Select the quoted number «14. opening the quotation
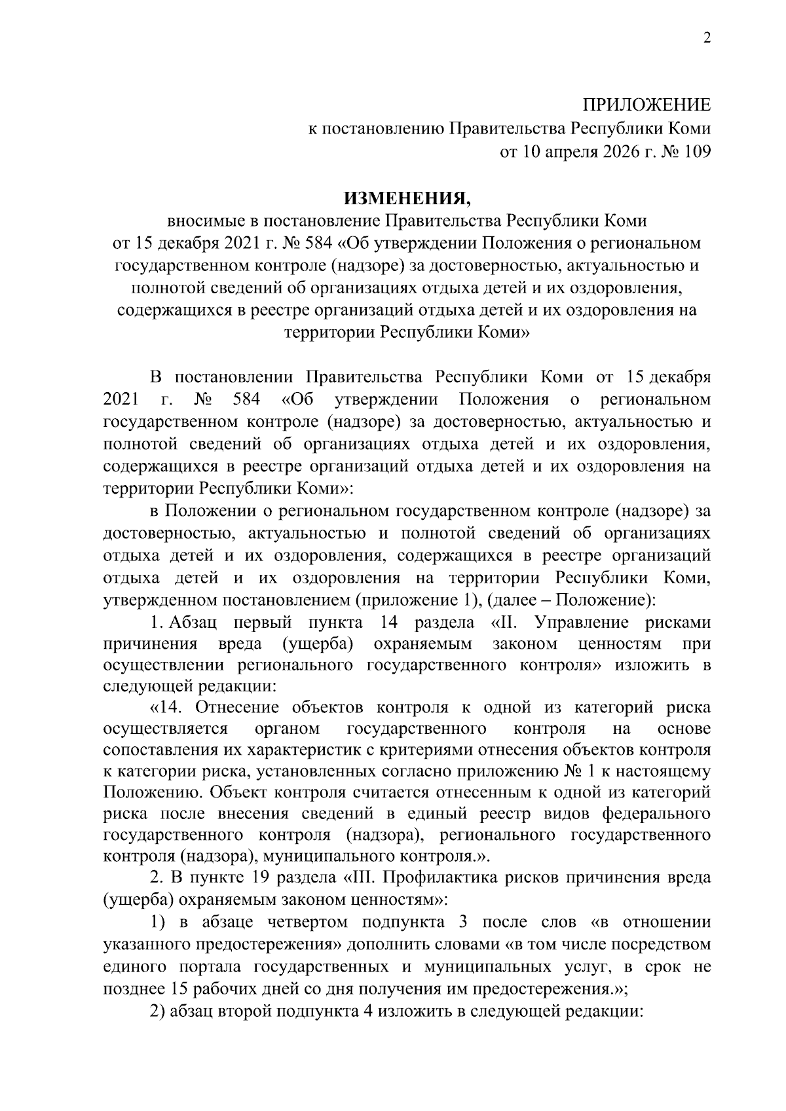(169, 707)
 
